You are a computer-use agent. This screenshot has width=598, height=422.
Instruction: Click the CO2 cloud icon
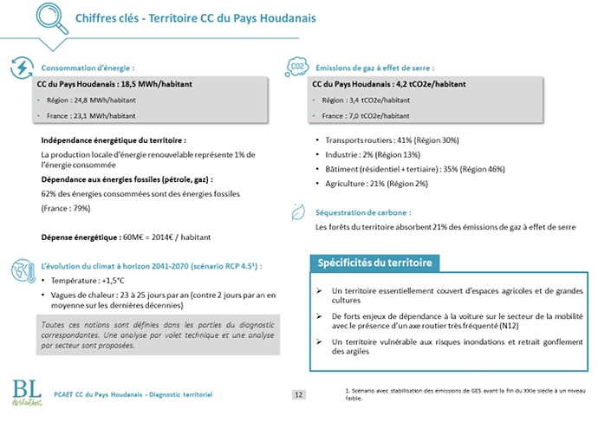tap(296, 68)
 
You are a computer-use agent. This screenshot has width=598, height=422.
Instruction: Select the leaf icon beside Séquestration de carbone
tap(296, 211)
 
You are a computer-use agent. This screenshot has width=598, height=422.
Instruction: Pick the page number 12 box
tap(298, 395)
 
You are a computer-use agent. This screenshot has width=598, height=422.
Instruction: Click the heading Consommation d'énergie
tap(88, 68)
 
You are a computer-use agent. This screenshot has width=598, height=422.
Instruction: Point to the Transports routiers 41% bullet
tap(392, 140)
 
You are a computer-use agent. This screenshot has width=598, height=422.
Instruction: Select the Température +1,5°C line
tap(88, 281)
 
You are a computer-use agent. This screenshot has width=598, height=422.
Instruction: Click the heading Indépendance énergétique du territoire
tap(114, 140)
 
